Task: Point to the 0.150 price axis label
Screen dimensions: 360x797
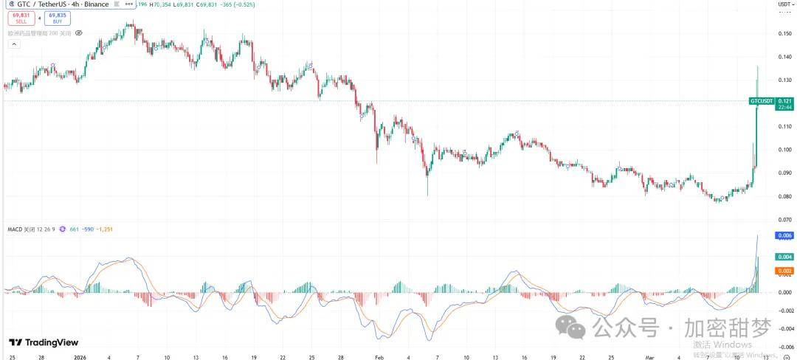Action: [784, 33]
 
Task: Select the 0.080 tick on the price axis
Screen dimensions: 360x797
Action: [784, 196]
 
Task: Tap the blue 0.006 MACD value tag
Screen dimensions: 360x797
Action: [784, 236]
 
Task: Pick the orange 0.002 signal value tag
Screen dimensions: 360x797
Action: [784, 271]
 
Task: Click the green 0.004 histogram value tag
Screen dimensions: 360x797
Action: [784, 257]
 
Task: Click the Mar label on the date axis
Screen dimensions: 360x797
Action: [650, 356]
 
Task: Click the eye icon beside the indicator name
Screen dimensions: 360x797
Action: [79, 33]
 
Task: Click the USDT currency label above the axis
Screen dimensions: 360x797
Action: [784, 4]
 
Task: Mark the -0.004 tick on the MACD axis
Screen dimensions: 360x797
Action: [784, 328]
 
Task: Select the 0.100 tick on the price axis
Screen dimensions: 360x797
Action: [784, 150]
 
